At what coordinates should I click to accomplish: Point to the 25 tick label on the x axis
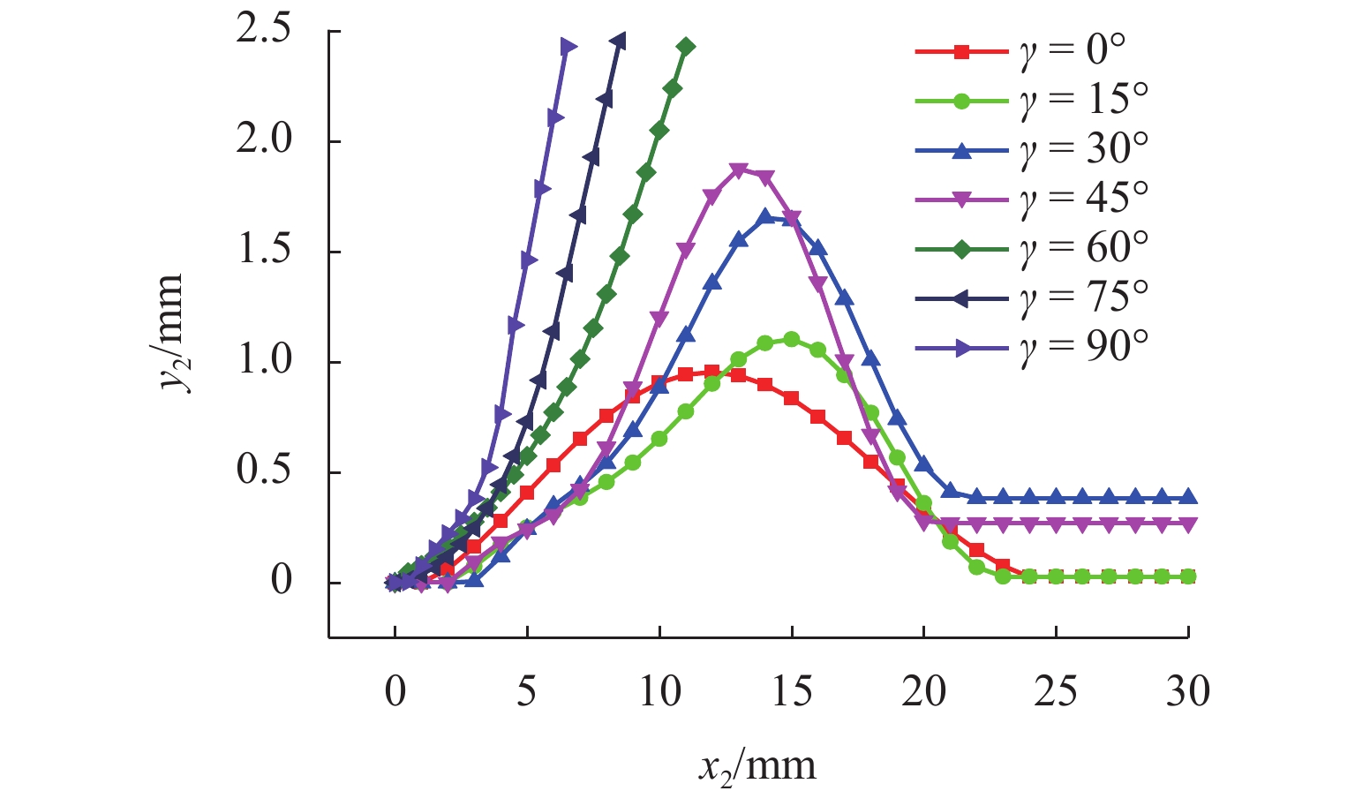coord(1056,691)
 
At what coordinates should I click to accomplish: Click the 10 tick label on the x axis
coord(659,691)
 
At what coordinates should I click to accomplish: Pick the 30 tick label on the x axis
coord(1188,691)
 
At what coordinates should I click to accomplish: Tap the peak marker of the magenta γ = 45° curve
coord(739,169)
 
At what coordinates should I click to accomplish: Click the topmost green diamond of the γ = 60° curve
coord(686,47)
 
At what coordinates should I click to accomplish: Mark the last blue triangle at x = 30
coord(1188,497)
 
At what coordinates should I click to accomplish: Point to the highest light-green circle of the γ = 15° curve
coord(792,340)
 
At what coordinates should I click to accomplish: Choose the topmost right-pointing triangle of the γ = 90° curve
coord(568,47)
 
